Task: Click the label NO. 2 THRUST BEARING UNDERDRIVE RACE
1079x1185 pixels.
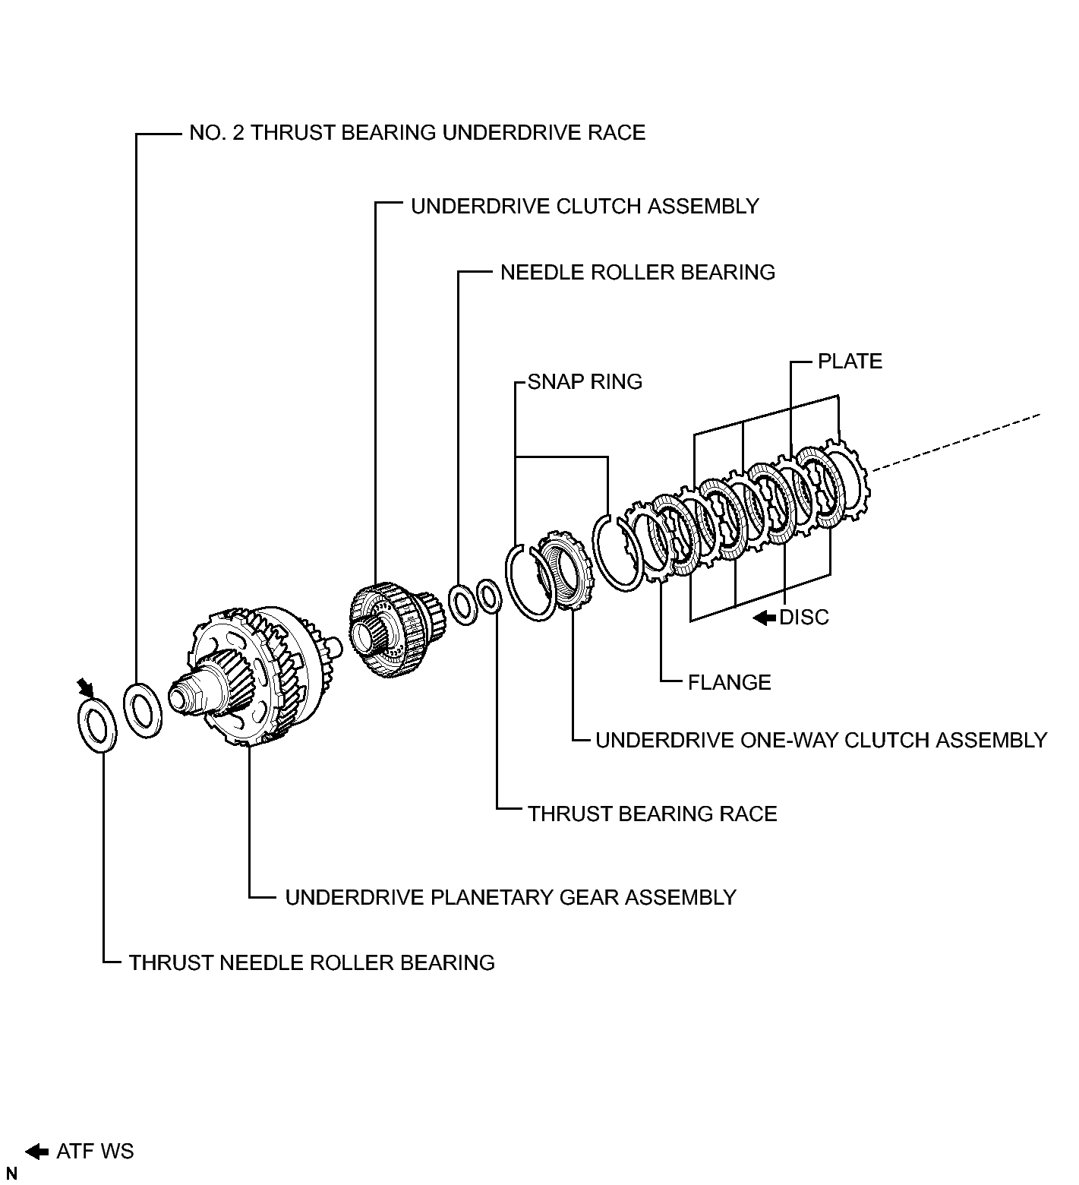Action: coord(417,132)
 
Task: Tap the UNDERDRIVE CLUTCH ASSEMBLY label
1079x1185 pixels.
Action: coord(585,206)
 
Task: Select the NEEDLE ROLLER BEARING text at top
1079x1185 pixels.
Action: coord(638,272)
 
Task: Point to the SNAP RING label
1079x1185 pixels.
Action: coord(585,381)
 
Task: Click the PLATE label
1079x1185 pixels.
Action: coord(850,361)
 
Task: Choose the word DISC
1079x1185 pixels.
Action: coord(804,617)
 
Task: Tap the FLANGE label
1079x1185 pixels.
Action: coord(729,682)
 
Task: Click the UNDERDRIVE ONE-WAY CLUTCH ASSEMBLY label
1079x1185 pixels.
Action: coord(821,740)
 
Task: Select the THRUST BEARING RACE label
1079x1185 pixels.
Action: coord(652,814)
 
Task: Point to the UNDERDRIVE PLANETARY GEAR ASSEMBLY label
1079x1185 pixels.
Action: coord(510,897)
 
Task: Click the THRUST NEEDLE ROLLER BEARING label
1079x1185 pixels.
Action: coord(311,962)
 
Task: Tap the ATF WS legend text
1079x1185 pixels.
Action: coord(95,1151)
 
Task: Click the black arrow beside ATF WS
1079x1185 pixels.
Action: coord(36,1152)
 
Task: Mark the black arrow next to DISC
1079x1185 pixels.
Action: coord(765,618)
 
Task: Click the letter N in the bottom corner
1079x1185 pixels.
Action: coord(11,1174)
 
